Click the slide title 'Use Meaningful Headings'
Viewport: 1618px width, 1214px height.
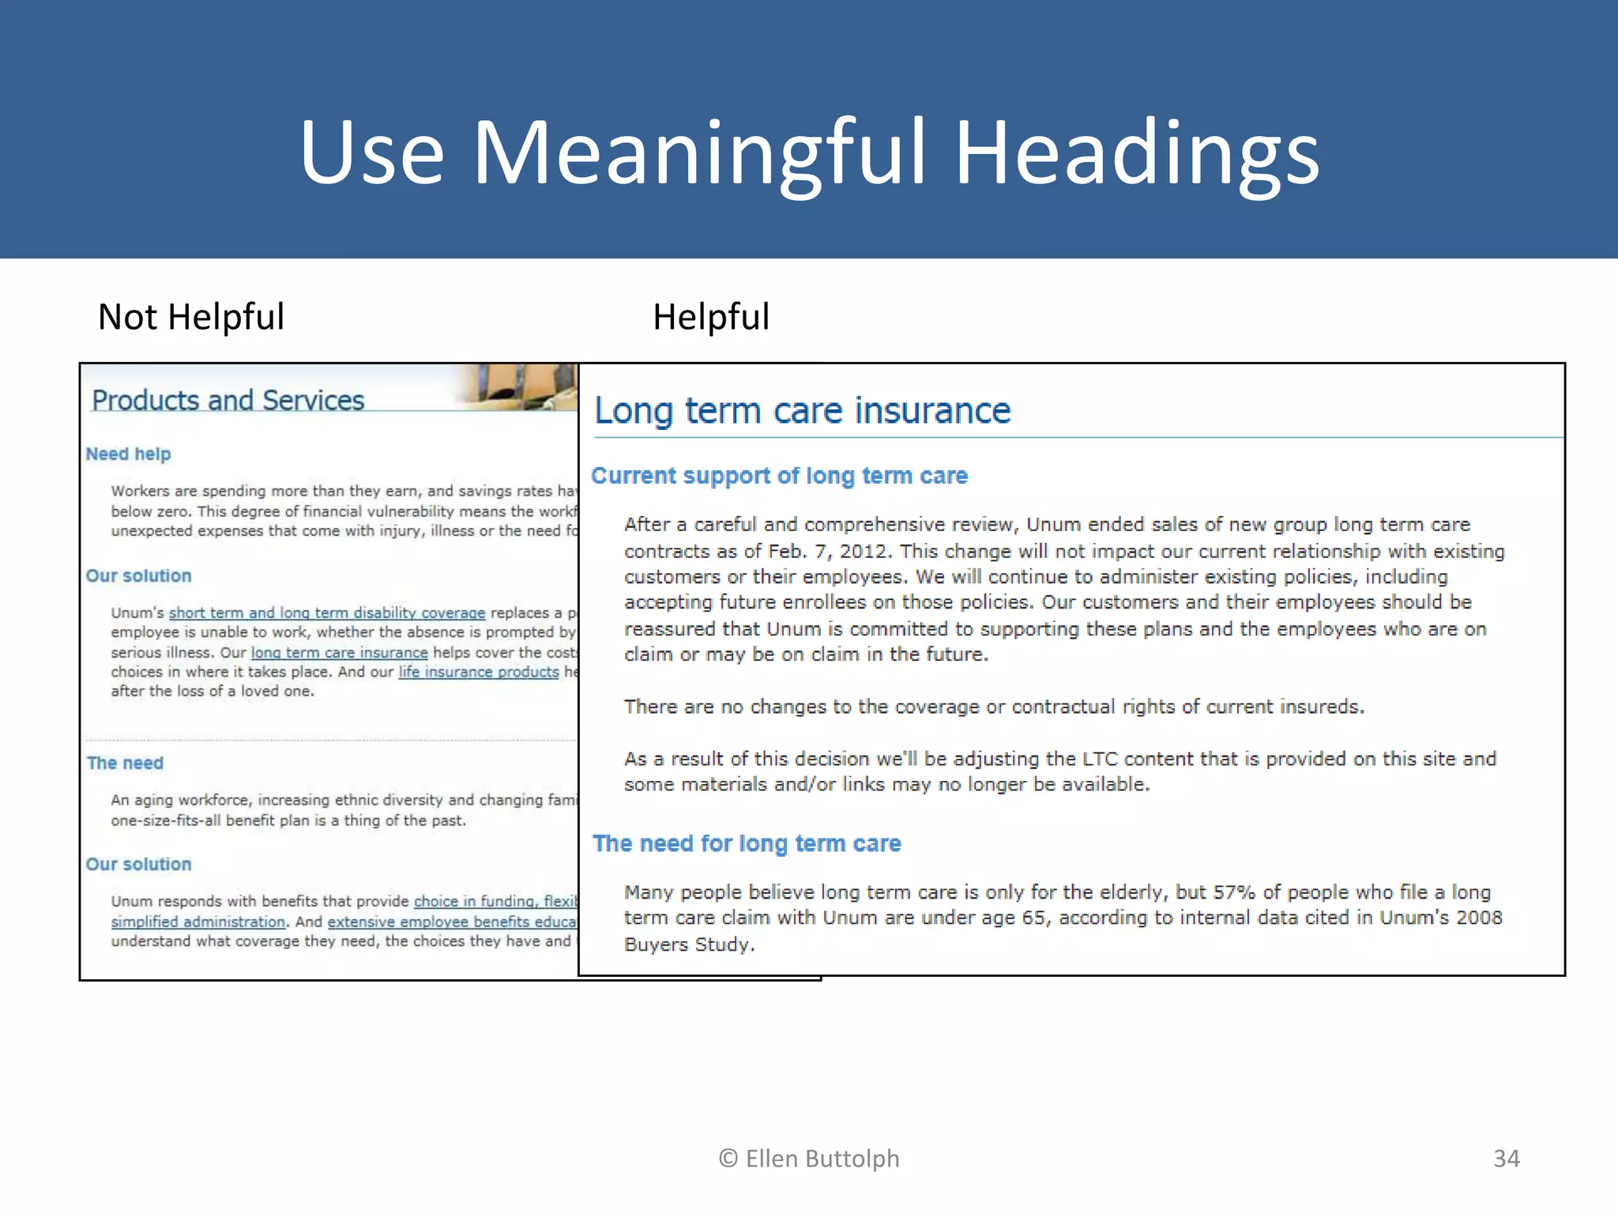pyautogui.click(x=809, y=152)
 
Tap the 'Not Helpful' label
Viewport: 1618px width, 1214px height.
pyautogui.click(x=190, y=317)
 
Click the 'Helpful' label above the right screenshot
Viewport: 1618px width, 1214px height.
pyautogui.click(x=710, y=317)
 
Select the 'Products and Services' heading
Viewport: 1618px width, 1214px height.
pyautogui.click(x=228, y=401)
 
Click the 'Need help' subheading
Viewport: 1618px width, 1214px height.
pyautogui.click(x=128, y=454)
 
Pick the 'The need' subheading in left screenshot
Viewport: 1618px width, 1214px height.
pyautogui.click(x=125, y=763)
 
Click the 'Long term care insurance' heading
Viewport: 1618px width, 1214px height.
pyautogui.click(x=802, y=411)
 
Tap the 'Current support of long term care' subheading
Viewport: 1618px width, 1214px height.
pyautogui.click(x=779, y=476)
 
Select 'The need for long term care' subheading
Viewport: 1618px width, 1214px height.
pyautogui.click(x=747, y=843)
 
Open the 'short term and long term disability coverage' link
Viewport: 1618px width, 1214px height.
pyautogui.click(x=327, y=613)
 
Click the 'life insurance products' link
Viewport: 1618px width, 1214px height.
pyautogui.click(x=478, y=672)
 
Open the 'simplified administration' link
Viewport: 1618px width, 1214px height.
pyautogui.click(x=198, y=922)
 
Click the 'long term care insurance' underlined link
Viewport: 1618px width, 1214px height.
pyautogui.click(x=339, y=653)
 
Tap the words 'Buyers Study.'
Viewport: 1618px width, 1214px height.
pyautogui.click(x=689, y=944)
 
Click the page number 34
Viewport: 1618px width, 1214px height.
pyautogui.click(x=1506, y=1159)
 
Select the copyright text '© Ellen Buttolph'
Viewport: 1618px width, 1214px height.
pyautogui.click(x=809, y=1159)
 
